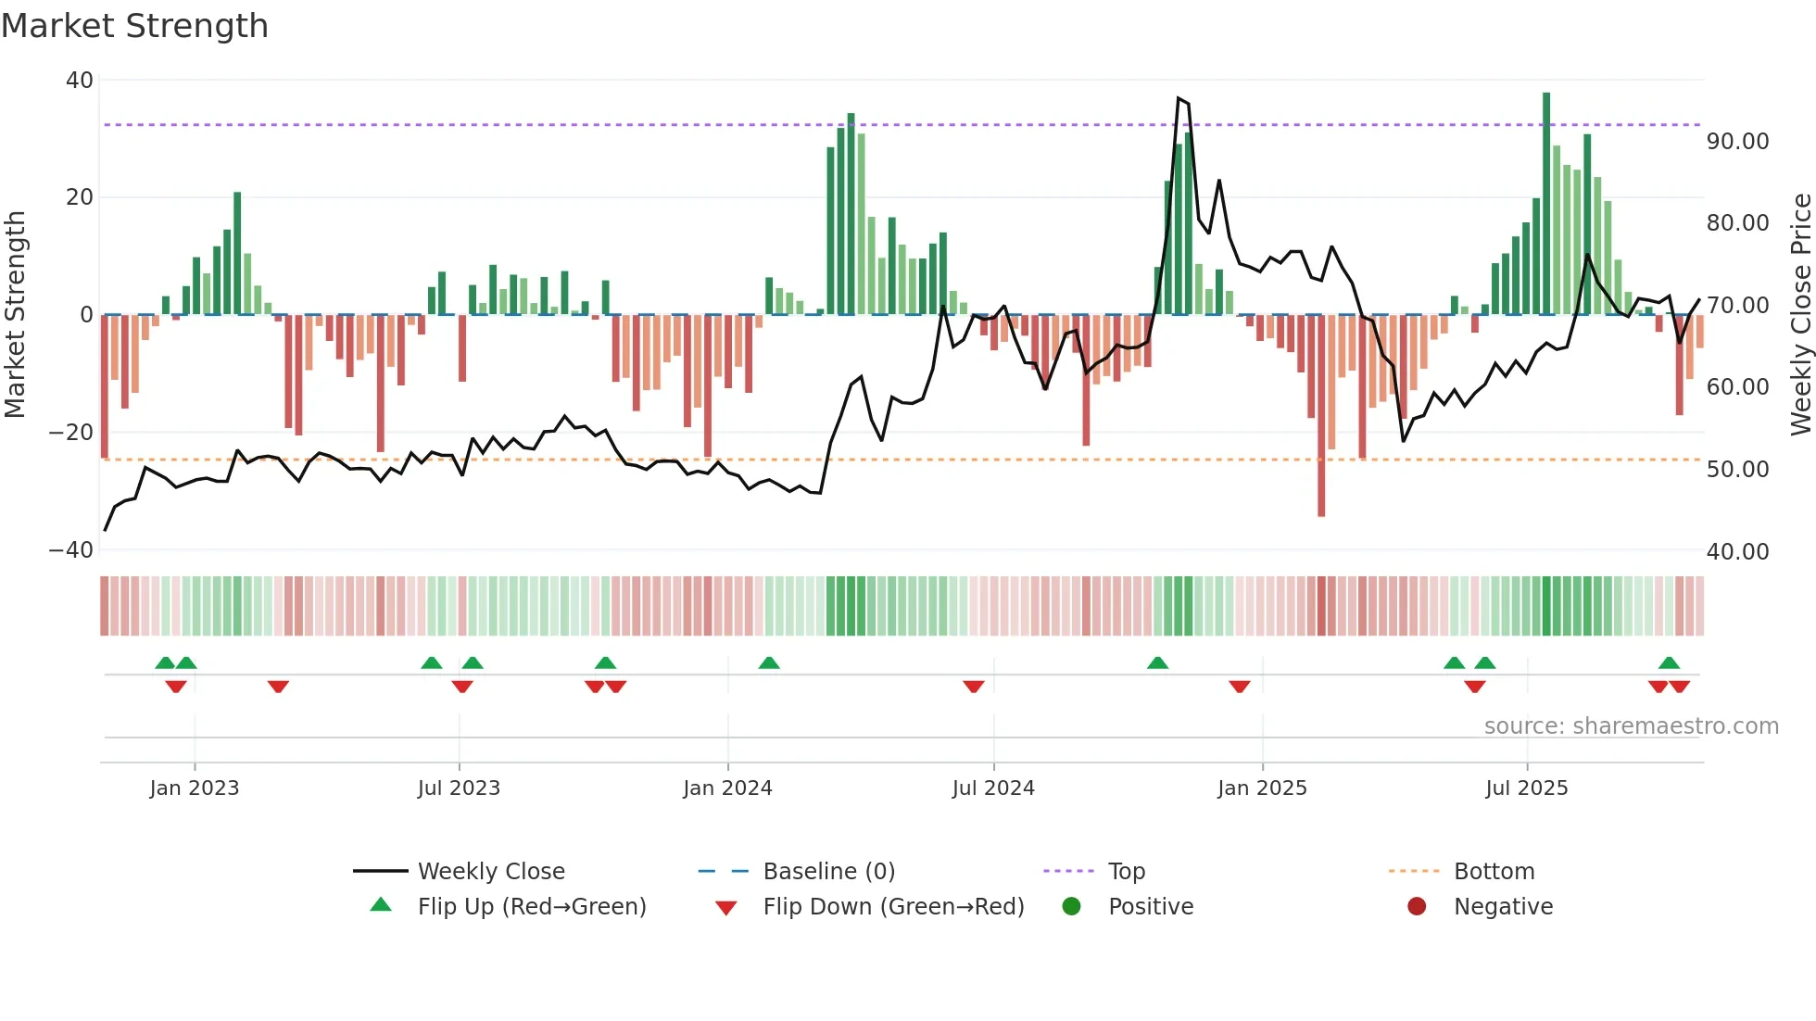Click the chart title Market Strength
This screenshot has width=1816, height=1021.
point(135,26)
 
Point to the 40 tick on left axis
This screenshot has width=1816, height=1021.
point(80,81)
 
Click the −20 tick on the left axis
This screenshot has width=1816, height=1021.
point(71,433)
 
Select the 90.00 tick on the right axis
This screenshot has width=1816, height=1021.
point(1737,142)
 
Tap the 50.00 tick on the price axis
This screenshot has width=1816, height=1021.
point(1737,470)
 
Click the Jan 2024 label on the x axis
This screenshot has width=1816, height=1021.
point(727,788)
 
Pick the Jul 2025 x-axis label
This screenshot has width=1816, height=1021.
point(1526,788)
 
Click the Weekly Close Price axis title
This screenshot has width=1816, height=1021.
point(1800,315)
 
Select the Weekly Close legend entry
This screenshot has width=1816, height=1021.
point(490,872)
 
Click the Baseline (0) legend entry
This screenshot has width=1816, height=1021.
point(828,872)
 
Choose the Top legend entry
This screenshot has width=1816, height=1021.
point(1126,872)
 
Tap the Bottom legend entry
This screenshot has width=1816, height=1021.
point(1494,872)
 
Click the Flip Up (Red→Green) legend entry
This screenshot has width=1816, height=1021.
point(531,907)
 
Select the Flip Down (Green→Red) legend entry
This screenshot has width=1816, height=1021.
point(893,907)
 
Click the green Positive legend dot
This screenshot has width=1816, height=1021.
point(1072,907)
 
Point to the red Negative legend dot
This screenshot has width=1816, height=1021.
point(1417,907)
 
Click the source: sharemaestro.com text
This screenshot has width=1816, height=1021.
point(1631,726)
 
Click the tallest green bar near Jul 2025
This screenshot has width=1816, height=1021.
point(1546,204)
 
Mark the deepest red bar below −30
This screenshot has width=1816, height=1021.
point(1321,417)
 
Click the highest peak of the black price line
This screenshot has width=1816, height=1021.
point(1179,97)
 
